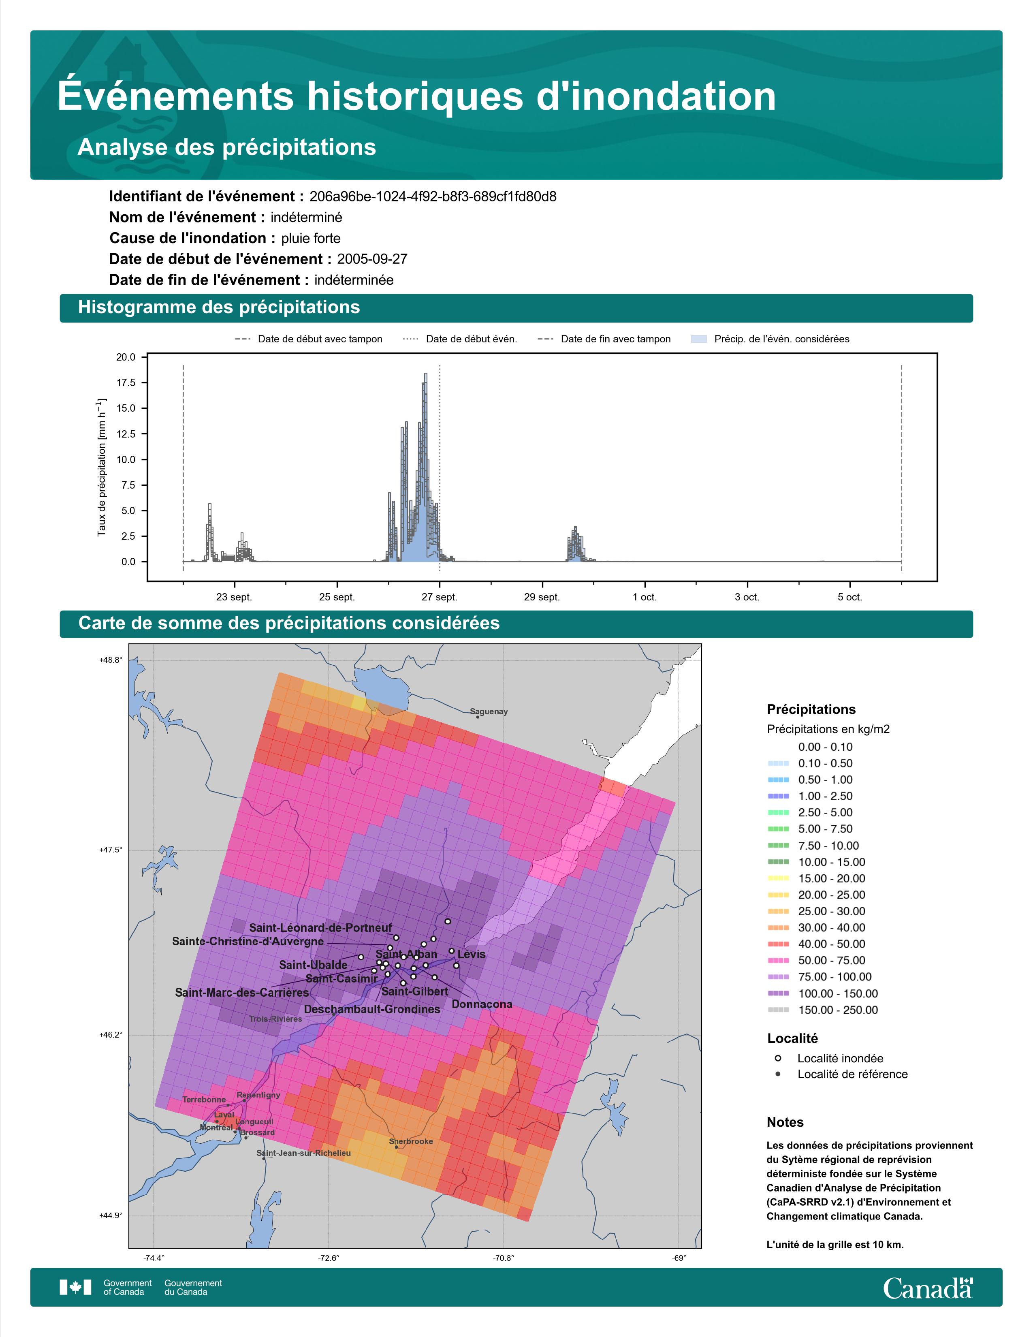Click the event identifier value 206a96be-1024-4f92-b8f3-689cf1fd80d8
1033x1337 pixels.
(x=433, y=196)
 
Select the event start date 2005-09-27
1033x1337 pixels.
(x=372, y=259)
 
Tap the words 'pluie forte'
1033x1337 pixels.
(x=311, y=238)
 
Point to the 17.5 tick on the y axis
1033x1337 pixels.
(x=126, y=382)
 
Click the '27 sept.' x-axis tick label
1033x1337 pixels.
(x=440, y=597)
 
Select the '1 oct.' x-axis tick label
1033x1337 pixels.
(x=645, y=597)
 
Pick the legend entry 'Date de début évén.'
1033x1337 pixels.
(x=460, y=339)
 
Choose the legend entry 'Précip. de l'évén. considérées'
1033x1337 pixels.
(x=770, y=339)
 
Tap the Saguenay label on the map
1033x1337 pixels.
(x=489, y=711)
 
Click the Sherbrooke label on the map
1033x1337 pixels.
(x=411, y=1141)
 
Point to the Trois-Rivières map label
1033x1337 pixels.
(x=275, y=1019)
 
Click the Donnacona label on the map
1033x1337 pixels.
(x=482, y=1004)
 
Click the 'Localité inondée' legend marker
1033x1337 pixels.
(x=778, y=1058)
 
